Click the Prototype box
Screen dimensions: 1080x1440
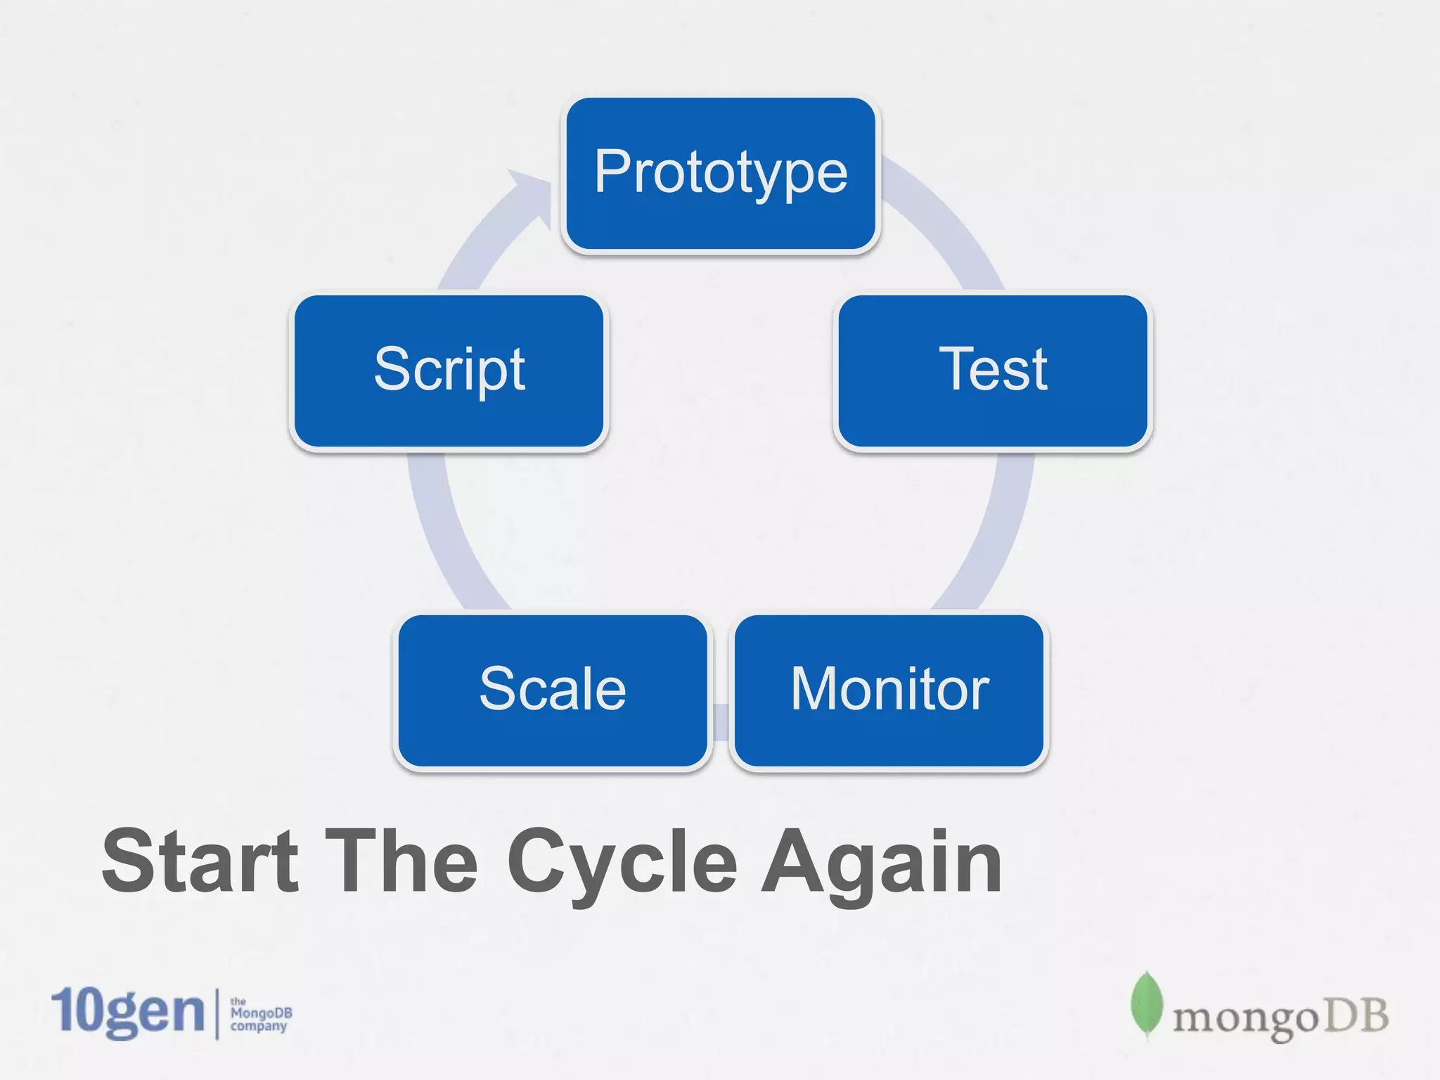pos(721,174)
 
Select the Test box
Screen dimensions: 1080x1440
pos(992,371)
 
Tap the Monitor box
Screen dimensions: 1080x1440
pos(889,690)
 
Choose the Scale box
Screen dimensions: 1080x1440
pos(553,690)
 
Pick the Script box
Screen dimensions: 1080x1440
pos(449,371)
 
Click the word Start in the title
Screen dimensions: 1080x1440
pos(200,861)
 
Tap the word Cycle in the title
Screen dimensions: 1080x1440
pos(622,861)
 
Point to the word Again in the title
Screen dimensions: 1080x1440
pos(882,861)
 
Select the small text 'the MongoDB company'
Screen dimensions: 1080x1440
pos(260,1014)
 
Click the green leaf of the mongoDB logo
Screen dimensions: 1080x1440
pos(1146,1004)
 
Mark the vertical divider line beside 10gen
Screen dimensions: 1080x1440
pos(217,1012)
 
